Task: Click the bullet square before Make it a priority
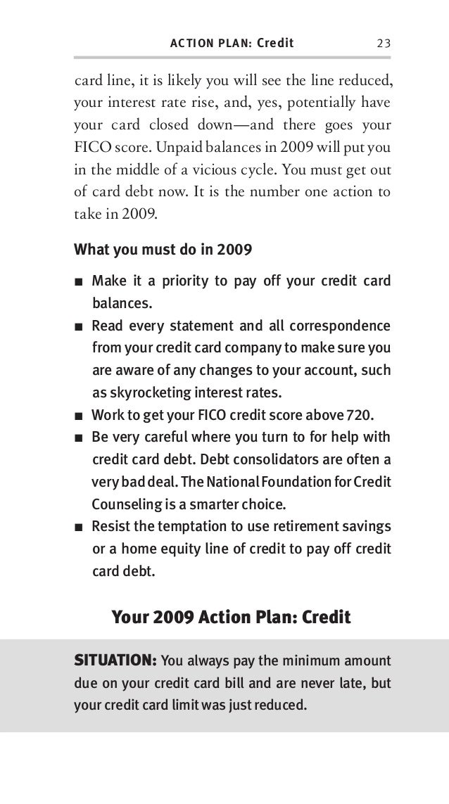pos(79,283)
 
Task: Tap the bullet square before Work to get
pos(79,414)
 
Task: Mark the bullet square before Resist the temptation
pos(79,528)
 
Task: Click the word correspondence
pos(334,326)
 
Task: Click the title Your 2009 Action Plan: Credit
pos(231,618)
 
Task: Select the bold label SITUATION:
pos(115,661)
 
